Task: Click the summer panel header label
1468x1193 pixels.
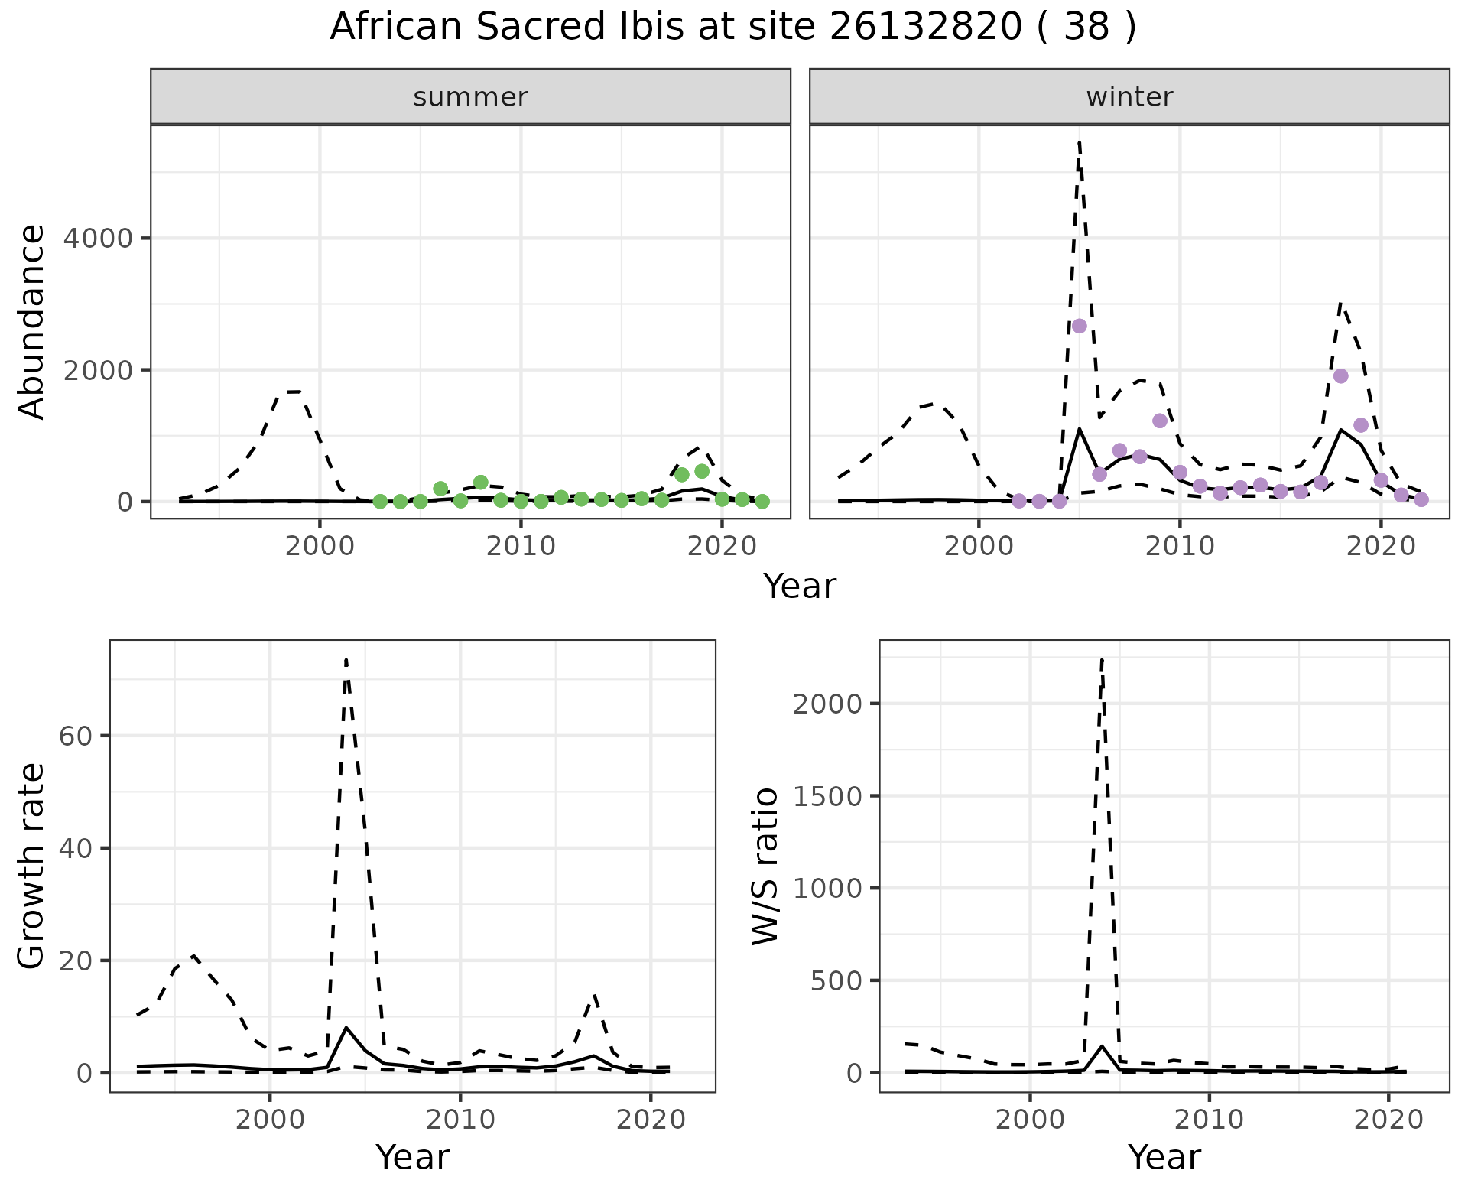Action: pyautogui.click(x=470, y=97)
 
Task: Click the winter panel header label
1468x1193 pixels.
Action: pyautogui.click(x=1129, y=97)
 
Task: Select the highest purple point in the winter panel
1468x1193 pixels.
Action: pyautogui.click(x=1079, y=326)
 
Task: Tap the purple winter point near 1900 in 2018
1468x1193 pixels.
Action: pyautogui.click(x=1340, y=375)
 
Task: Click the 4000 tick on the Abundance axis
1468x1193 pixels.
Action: pyautogui.click(x=97, y=239)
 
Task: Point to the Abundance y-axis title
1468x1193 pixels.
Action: pyautogui.click(x=32, y=322)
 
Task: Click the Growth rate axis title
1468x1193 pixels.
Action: pyautogui.click(x=32, y=866)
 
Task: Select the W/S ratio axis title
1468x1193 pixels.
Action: pyautogui.click(x=765, y=866)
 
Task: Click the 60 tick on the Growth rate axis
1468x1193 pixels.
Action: pyautogui.click(x=74, y=736)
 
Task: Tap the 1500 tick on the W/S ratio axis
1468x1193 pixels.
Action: pyautogui.click(x=828, y=796)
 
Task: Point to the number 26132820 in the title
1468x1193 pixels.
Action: pyautogui.click(x=924, y=28)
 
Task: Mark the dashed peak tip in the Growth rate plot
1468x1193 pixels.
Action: pyautogui.click(x=346, y=659)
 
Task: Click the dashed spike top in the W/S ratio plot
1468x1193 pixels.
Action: pyautogui.click(x=1102, y=658)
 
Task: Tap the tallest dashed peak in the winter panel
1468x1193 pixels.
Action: pyautogui.click(x=1079, y=142)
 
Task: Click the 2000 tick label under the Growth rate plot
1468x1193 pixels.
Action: pyautogui.click(x=270, y=1120)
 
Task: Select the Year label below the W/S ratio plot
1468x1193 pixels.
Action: pyautogui.click(x=1164, y=1157)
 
